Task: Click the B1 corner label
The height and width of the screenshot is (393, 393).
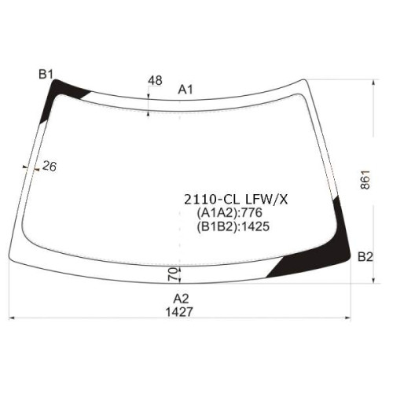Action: coord(46,74)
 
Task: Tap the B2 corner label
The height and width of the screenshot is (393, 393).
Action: coord(365,257)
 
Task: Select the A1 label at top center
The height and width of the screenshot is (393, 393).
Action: coord(185,90)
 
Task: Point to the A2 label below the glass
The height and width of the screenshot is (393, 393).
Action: coord(181,299)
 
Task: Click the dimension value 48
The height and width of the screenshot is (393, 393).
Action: coord(155,80)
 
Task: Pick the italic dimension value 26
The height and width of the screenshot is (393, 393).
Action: coord(50,166)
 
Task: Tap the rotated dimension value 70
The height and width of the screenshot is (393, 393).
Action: coord(173,274)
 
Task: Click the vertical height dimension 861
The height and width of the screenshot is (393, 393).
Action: coord(365,179)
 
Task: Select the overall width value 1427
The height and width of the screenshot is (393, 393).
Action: coord(179,312)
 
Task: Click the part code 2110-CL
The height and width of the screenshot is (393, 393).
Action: coord(211,200)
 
